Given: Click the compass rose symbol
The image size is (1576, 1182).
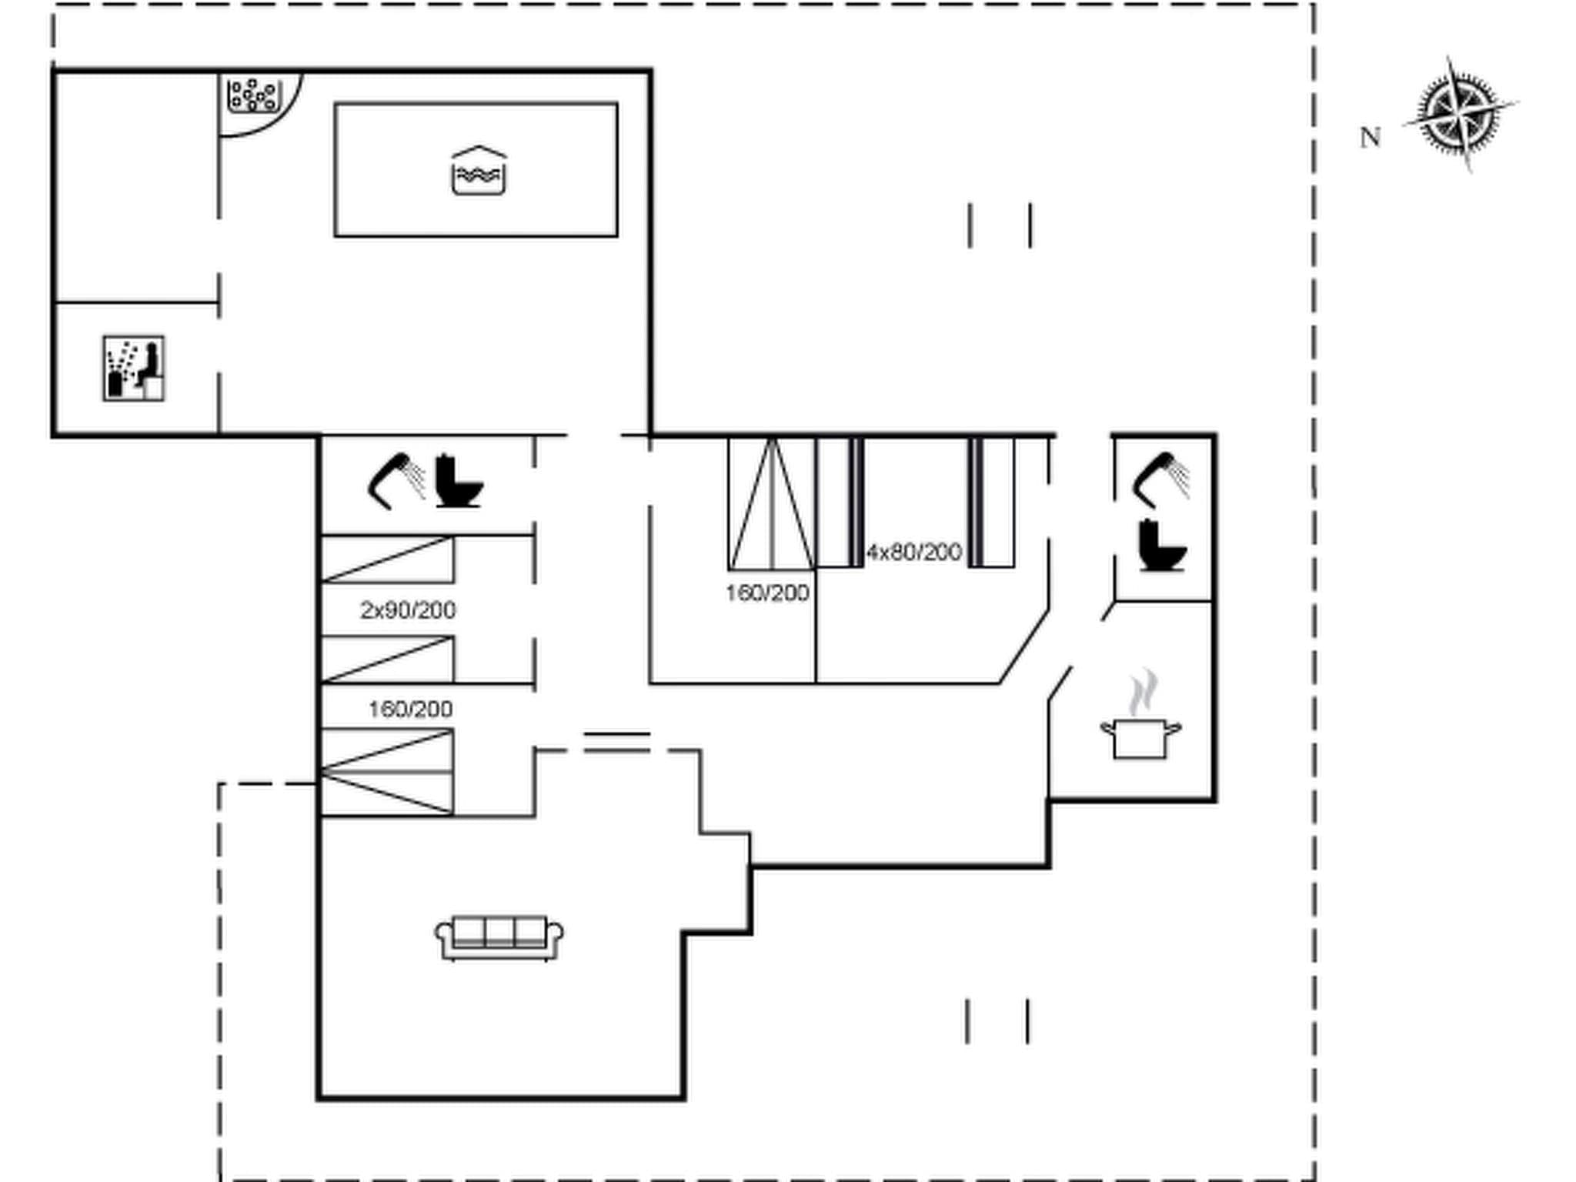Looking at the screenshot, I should pos(1459,115).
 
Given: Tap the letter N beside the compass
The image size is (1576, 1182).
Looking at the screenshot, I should pos(1370,138).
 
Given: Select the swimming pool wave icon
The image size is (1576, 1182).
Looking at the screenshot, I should pos(479,171).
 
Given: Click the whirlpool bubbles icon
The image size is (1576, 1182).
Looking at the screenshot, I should pos(252,95).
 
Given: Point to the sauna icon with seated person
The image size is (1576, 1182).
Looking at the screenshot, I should pos(134,369).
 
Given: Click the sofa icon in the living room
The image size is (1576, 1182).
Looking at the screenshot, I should pos(499,938).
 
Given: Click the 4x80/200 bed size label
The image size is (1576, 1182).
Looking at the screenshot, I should pos(914,552).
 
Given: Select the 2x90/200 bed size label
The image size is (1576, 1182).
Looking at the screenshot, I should pos(408,610).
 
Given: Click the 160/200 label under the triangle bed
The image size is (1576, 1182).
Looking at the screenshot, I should pos(767,593).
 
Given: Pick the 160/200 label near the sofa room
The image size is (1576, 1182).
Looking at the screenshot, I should pos(410,709).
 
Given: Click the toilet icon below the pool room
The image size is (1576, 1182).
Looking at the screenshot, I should pos(459,482).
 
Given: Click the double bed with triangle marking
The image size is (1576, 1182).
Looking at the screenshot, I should pos(771,504).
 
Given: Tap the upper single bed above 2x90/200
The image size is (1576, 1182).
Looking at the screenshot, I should pos(387,559).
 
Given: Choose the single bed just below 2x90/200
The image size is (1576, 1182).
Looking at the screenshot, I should pos(387,659).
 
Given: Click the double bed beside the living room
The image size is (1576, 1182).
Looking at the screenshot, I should pos(387,772).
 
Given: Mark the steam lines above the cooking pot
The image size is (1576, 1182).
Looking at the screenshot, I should pos(1144,691).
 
